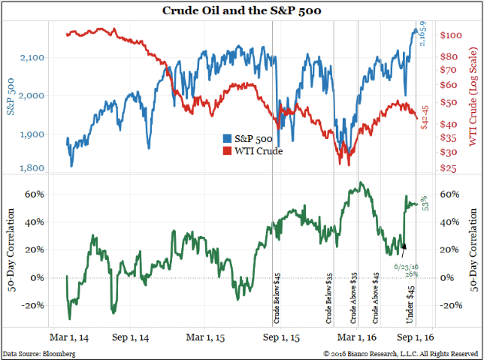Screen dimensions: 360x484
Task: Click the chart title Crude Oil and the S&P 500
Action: click(x=242, y=11)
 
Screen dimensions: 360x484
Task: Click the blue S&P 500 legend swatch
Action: click(x=226, y=139)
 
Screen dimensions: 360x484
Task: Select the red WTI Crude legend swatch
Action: click(x=226, y=152)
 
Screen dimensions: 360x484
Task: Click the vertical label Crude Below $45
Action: click(x=277, y=295)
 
